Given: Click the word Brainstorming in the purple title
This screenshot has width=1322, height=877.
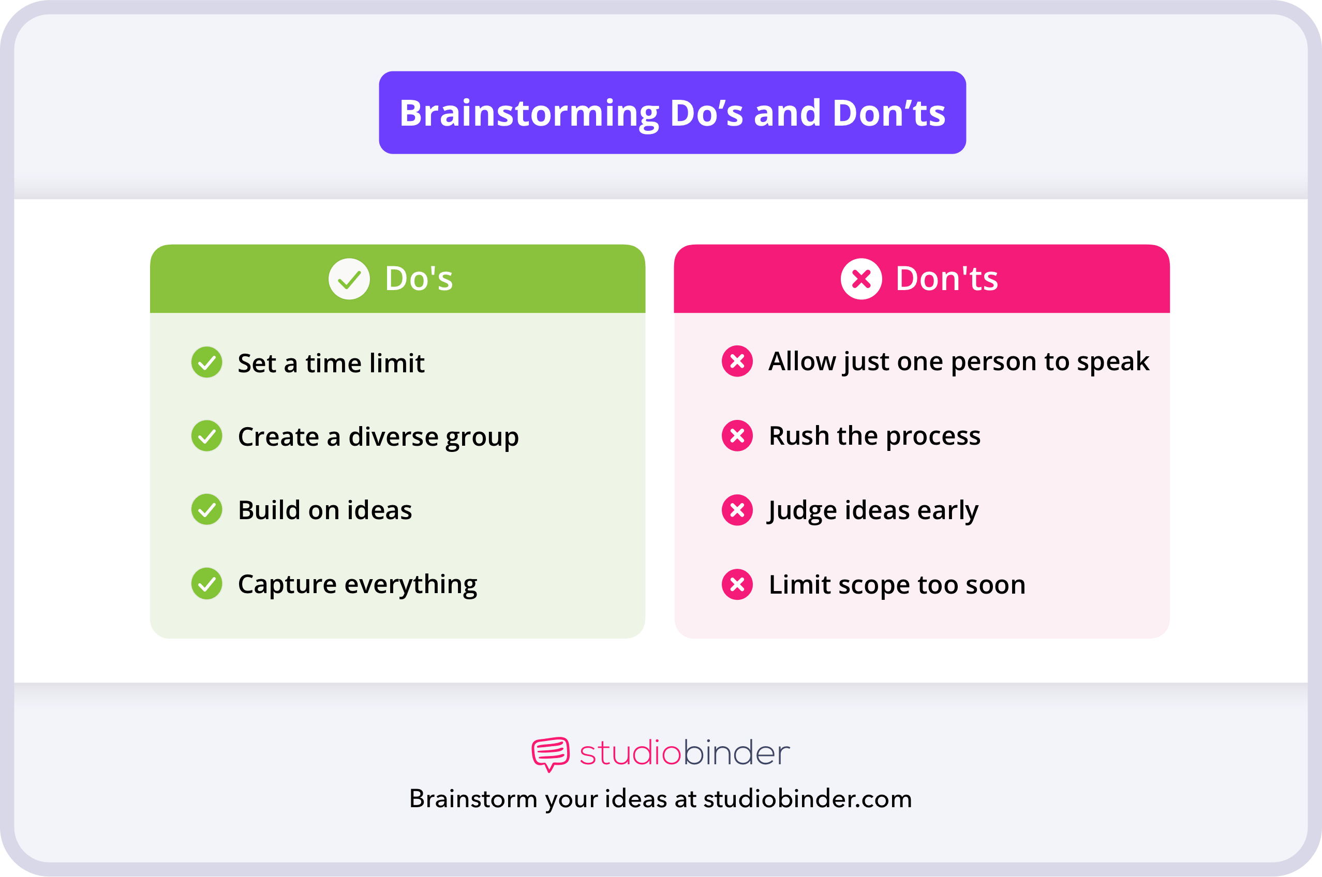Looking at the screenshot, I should click(x=529, y=114).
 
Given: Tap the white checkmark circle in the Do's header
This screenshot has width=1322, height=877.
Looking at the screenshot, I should click(x=349, y=279).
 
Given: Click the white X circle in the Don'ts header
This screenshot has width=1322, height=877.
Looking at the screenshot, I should click(x=861, y=279).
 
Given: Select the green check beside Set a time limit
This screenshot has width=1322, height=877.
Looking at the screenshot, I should click(x=206, y=362).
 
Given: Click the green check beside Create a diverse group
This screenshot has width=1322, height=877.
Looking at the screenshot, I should click(x=206, y=436).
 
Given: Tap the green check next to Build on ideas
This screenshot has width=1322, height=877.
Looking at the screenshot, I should click(x=206, y=509).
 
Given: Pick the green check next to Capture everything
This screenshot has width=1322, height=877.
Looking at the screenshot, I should click(x=206, y=583).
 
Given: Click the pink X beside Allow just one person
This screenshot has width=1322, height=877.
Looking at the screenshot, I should click(x=737, y=361).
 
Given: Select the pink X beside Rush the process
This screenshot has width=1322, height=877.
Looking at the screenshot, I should click(x=737, y=436).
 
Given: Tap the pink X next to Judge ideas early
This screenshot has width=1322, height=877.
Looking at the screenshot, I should click(x=737, y=510).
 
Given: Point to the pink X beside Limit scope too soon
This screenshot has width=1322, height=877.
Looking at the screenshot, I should click(x=737, y=584).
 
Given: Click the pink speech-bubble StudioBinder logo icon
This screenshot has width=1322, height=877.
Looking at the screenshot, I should click(x=550, y=753).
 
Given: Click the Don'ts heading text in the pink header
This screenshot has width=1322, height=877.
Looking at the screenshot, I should click(x=946, y=279).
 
